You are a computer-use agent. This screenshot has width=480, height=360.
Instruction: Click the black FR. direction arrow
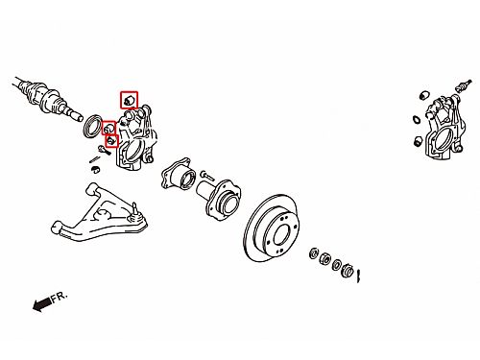pyautogui.click(x=41, y=304)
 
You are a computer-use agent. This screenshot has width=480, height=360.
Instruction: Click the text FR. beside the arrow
pyautogui.click(x=60, y=297)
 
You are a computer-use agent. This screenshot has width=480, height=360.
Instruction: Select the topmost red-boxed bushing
pyautogui.click(x=129, y=100)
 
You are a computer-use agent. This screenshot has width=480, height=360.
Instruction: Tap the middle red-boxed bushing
pyautogui.click(x=109, y=128)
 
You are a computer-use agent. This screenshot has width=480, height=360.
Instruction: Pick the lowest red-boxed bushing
pyautogui.click(x=111, y=140)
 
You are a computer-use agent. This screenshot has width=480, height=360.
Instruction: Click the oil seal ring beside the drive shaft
pyautogui.click(x=92, y=126)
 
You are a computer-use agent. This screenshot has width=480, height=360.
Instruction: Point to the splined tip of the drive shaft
pyautogui.click(x=75, y=115)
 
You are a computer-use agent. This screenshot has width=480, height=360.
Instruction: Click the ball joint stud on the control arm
pyautogui.click(x=135, y=211)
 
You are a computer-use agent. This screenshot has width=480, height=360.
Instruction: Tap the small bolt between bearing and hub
pyautogui.click(x=207, y=175)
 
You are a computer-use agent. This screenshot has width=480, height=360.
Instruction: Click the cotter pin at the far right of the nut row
pyautogui.click(x=359, y=276)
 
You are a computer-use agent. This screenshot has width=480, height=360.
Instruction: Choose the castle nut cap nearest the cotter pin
pyautogui.click(x=348, y=271)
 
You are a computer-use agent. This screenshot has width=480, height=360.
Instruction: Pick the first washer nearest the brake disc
pyautogui.click(x=314, y=253)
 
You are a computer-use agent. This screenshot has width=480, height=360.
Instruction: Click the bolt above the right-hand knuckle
pyautogui.click(x=463, y=85)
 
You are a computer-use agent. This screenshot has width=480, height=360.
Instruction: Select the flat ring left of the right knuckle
pyautogui.click(x=417, y=119)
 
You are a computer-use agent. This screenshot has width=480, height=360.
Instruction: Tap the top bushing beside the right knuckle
pyautogui.click(x=424, y=95)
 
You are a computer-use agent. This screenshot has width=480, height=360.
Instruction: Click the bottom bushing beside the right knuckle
pyautogui.click(x=419, y=141)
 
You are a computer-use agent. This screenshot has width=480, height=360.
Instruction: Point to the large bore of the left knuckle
pyautogui.click(x=133, y=152)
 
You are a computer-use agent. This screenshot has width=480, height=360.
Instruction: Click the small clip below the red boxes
pyautogui.click(x=95, y=169)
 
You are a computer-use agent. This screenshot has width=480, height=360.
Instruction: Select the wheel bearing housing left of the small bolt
pyautogui.click(x=178, y=175)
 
